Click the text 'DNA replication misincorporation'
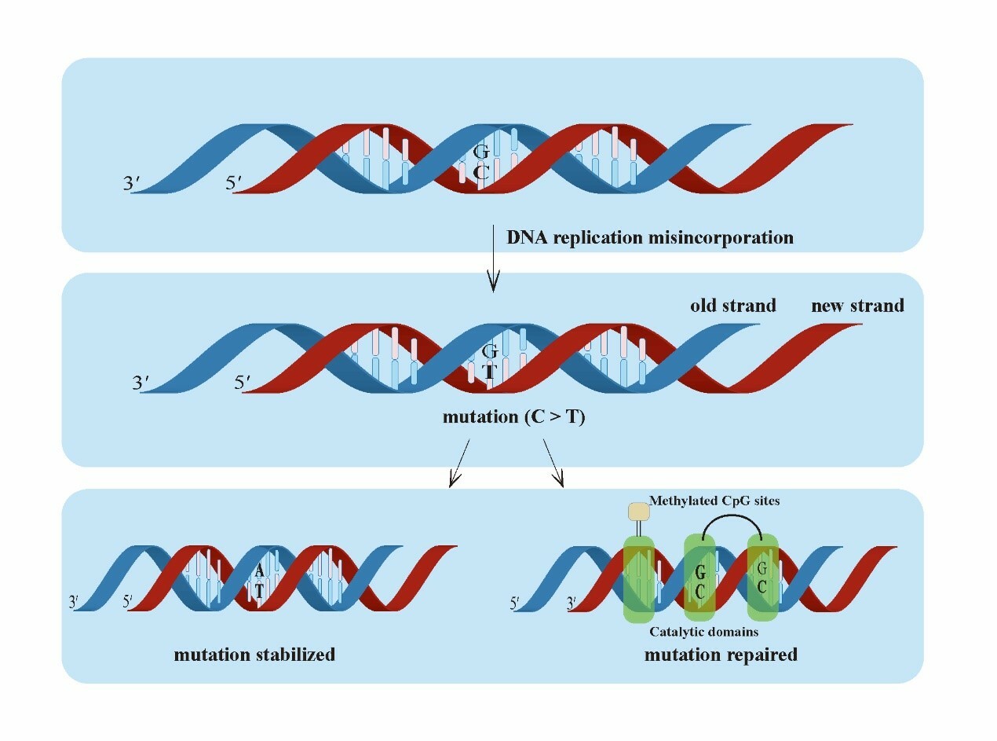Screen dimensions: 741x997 pyautogui.click(x=649, y=237)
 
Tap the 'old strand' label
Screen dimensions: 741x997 pyautogui.click(x=733, y=305)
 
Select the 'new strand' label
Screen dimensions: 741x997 pyautogui.click(x=857, y=305)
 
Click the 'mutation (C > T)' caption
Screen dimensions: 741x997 pyautogui.click(x=513, y=417)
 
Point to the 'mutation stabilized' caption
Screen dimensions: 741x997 pyautogui.click(x=254, y=655)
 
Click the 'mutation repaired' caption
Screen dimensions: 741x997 pyautogui.click(x=721, y=654)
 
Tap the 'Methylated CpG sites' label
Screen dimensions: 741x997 pyautogui.click(x=714, y=501)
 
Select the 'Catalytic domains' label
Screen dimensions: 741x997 pyautogui.click(x=703, y=631)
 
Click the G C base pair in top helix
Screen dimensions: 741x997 pyautogui.click(x=482, y=163)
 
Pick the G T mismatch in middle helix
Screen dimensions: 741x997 pyautogui.click(x=490, y=361)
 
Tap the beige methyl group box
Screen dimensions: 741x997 pyautogui.click(x=639, y=512)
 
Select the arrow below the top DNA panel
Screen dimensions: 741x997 pyautogui.click(x=493, y=259)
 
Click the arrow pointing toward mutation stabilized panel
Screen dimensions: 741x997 pyautogui.click(x=459, y=464)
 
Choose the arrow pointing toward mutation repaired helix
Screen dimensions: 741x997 pyautogui.click(x=553, y=464)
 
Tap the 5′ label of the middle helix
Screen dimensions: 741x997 pyautogui.click(x=243, y=383)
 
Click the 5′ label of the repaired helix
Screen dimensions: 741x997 pyautogui.click(x=516, y=603)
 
